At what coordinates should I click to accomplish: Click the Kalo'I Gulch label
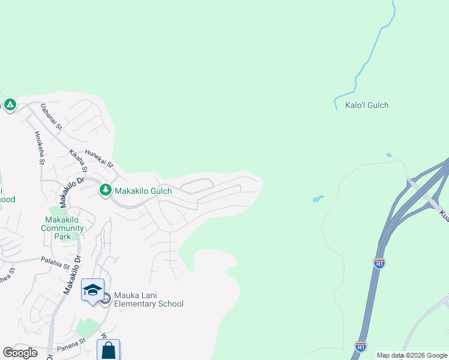[x=367, y=105]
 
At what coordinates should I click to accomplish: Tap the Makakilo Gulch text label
[x=143, y=191]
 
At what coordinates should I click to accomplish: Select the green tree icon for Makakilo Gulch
[x=106, y=190]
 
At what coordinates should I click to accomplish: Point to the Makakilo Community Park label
[x=62, y=228]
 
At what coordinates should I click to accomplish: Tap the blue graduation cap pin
[x=92, y=290]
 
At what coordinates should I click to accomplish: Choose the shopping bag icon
[x=108, y=350]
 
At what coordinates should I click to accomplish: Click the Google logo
[x=20, y=353]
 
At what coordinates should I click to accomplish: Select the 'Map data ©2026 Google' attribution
[x=411, y=355]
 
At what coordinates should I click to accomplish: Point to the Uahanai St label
[x=51, y=116]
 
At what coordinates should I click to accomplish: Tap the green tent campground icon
[x=10, y=105]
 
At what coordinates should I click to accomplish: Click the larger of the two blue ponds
[x=318, y=198]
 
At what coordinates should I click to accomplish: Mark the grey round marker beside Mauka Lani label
[x=105, y=299]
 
